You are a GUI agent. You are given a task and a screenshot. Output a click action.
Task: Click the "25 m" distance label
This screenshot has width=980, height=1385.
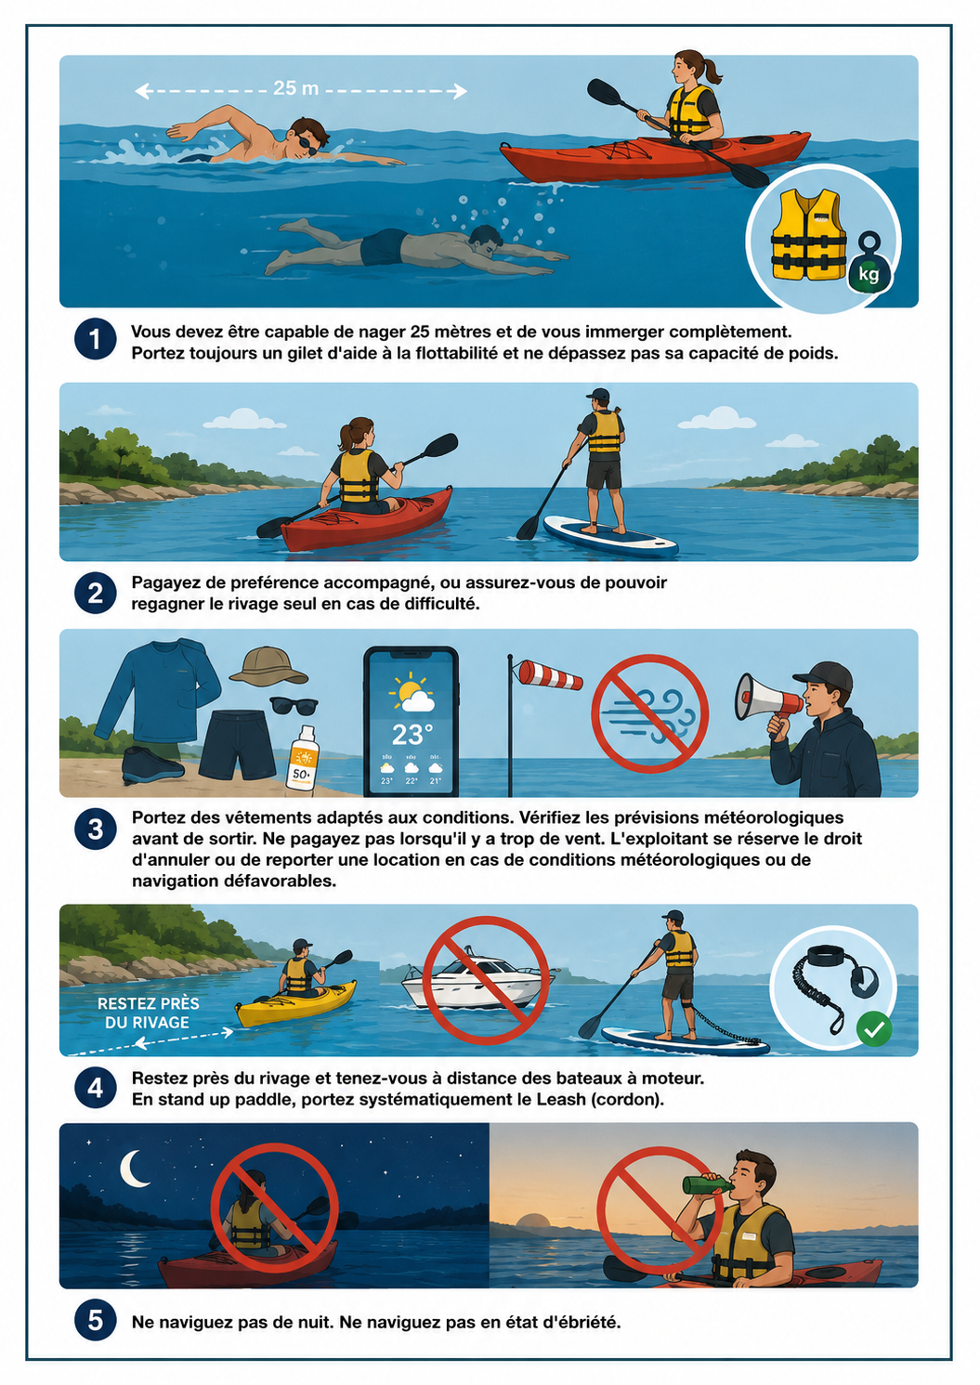point(295,88)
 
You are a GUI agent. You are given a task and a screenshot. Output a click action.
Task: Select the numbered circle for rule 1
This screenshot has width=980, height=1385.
point(96,339)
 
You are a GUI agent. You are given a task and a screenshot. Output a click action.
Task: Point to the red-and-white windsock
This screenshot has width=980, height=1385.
point(550,674)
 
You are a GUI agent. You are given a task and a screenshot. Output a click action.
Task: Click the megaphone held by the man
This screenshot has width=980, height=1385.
point(764,697)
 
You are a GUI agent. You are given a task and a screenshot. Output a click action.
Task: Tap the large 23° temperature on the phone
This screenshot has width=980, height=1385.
point(412,735)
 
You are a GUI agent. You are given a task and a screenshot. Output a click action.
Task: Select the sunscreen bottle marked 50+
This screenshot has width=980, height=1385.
point(303,757)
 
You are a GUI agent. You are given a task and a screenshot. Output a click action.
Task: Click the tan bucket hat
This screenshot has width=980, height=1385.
point(268,666)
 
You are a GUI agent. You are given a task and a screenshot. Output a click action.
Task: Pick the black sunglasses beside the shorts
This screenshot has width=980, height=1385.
point(294,705)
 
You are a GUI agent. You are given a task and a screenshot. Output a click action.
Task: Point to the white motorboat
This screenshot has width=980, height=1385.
point(478,979)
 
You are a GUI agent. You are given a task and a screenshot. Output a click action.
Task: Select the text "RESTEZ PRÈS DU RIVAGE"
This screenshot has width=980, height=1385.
point(149,1013)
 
